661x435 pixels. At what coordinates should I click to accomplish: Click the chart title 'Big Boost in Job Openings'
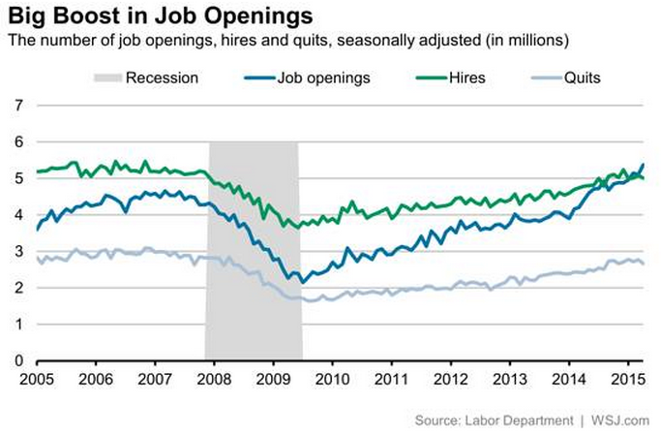click(x=159, y=16)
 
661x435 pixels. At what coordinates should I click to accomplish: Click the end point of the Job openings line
click(x=644, y=165)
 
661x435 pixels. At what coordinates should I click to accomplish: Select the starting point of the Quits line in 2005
click(x=37, y=258)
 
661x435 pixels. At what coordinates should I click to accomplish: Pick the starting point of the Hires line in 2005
click(x=37, y=171)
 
